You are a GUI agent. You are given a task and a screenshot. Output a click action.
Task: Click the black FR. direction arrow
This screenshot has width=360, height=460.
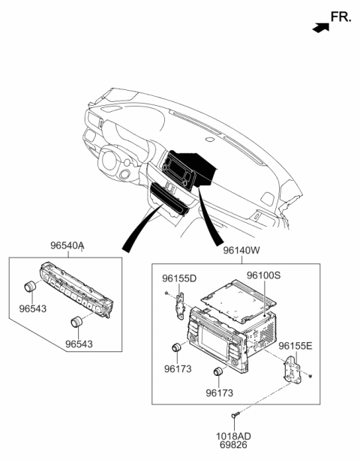click(320, 27)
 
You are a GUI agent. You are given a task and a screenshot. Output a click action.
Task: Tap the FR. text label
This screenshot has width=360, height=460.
click(340, 17)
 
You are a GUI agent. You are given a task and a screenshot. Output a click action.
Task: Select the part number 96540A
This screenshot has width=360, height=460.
click(67, 245)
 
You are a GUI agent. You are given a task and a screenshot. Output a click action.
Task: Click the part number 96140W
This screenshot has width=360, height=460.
click(241, 252)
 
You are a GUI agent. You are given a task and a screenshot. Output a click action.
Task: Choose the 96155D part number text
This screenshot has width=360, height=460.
click(179, 278)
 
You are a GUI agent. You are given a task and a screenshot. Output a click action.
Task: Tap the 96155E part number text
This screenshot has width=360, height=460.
click(295, 346)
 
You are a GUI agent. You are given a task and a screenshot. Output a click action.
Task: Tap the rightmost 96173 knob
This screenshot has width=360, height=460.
click(220, 373)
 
